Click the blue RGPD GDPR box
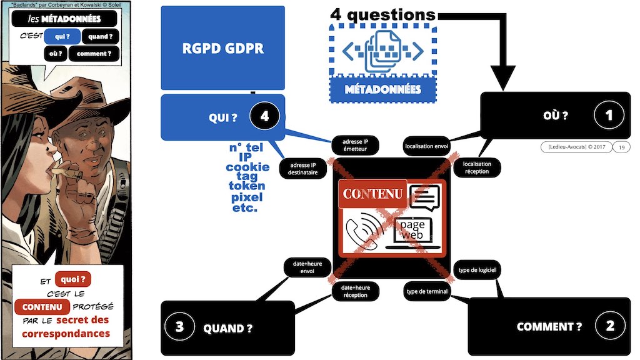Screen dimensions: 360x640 [222, 49]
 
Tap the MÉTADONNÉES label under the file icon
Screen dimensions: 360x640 [382, 89]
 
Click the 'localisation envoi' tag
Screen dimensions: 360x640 [427, 146]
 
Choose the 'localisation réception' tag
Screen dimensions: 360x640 [477, 167]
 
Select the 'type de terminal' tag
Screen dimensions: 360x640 [427, 291]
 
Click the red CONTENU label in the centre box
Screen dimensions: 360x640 [372, 194]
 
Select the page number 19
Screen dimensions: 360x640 [621, 147]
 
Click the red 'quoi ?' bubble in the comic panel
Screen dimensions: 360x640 [73, 279]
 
